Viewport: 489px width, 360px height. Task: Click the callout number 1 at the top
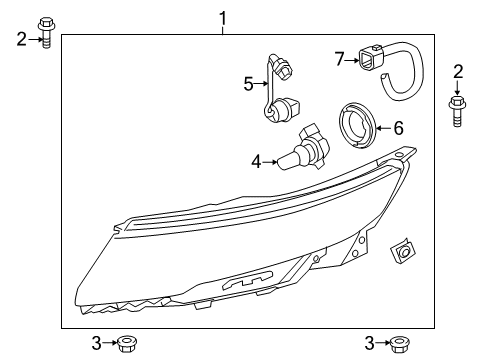[224, 17]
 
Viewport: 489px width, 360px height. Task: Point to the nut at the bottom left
[126, 344]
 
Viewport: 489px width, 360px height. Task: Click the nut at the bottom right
[398, 344]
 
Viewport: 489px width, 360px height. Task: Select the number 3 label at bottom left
[96, 344]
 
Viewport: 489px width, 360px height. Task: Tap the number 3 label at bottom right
[369, 344]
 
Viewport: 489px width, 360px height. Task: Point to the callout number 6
[397, 128]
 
